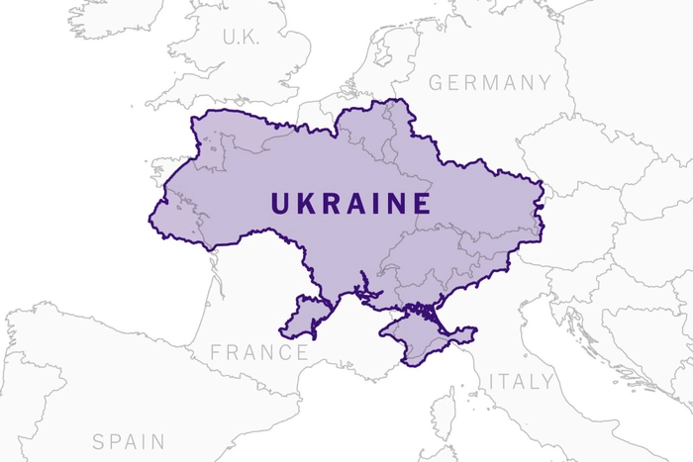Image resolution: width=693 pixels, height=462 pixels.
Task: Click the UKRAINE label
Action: click(x=350, y=204)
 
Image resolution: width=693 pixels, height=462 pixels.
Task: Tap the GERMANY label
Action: click(x=489, y=82)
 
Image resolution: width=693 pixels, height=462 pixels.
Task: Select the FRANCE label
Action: click(x=259, y=352)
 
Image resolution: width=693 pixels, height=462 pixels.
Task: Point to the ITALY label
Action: click(x=521, y=381)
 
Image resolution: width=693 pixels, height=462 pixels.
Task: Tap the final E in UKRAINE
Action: click(x=422, y=204)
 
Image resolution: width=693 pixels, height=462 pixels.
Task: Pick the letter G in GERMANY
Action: click(x=436, y=82)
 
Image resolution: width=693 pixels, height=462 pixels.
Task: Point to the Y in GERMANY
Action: click(x=543, y=82)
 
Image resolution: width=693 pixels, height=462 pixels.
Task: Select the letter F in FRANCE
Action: click(x=217, y=352)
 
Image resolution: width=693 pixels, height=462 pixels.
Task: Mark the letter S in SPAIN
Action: click(x=99, y=440)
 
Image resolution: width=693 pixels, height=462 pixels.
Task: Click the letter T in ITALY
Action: click(x=504, y=381)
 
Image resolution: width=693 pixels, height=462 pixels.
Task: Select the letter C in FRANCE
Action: click(x=283, y=352)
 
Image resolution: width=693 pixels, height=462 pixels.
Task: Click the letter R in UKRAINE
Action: click(x=328, y=204)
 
